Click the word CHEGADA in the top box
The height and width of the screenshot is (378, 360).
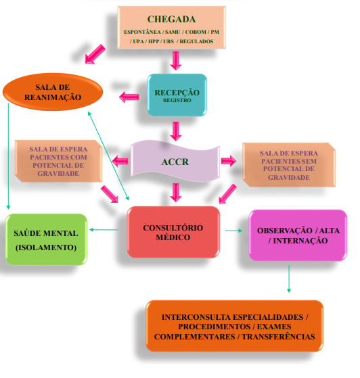(x=171, y=20)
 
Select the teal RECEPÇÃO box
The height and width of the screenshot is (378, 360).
(x=177, y=95)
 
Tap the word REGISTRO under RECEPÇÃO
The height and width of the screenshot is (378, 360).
(x=177, y=100)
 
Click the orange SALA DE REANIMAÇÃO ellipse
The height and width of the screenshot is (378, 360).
(x=53, y=92)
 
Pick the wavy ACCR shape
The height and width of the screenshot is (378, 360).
(x=175, y=162)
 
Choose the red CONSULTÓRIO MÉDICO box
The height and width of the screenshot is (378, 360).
(x=173, y=232)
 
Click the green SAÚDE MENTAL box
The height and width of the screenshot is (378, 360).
(x=46, y=239)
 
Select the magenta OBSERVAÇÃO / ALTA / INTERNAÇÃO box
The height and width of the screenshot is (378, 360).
(x=298, y=235)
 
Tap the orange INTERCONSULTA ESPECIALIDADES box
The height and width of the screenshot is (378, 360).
(x=234, y=326)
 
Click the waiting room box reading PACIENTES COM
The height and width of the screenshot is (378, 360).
(x=58, y=161)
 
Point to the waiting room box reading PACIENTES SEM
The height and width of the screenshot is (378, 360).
(x=289, y=165)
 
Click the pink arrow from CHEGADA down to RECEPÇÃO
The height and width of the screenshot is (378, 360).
(x=176, y=60)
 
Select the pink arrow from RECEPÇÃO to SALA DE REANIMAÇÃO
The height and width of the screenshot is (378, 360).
(x=129, y=97)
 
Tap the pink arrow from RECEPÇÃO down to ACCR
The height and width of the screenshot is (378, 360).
(x=176, y=131)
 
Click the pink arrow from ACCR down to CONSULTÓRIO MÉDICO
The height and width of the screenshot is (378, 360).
(x=176, y=192)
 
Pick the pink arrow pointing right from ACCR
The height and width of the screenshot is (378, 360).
(x=229, y=161)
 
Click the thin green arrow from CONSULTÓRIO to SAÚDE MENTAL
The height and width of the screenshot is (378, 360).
(x=104, y=230)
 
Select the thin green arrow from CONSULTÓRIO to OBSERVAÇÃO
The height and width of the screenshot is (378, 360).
(x=234, y=231)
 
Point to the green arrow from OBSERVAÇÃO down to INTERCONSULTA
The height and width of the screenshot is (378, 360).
(x=289, y=279)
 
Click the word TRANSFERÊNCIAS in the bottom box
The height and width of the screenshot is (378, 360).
(x=278, y=337)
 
